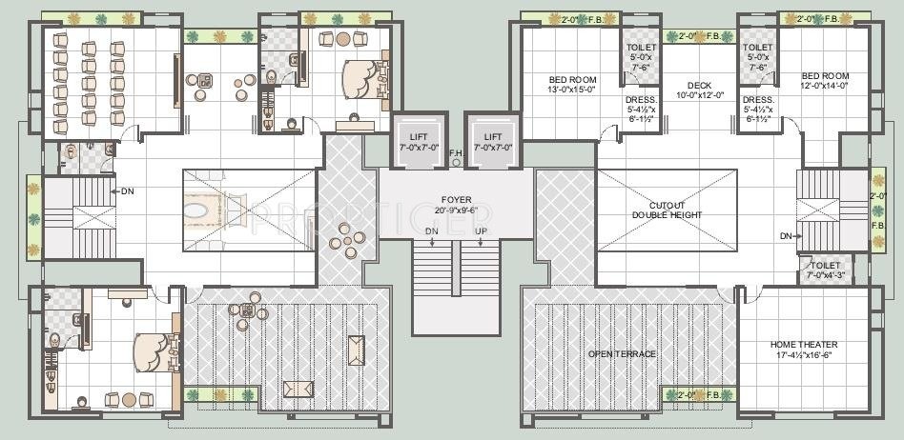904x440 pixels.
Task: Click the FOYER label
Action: [455, 200]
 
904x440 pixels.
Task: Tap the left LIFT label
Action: [418, 137]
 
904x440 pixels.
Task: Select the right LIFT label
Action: [492, 137]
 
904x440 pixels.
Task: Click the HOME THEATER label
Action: [803, 344]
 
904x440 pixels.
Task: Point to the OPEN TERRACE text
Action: [622, 354]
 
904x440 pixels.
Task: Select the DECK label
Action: [700, 86]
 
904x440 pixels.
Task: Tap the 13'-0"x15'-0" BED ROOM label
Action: [571, 79]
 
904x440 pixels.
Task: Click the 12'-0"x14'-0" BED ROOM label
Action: [824, 76]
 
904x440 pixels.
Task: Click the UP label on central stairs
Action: [481, 231]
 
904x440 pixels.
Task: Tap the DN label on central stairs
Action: [432, 231]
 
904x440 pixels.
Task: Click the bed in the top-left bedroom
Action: [362, 75]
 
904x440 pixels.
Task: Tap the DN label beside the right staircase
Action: [786, 235]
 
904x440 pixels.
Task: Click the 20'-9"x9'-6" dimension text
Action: [455, 210]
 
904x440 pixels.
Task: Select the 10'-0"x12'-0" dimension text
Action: [700, 95]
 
